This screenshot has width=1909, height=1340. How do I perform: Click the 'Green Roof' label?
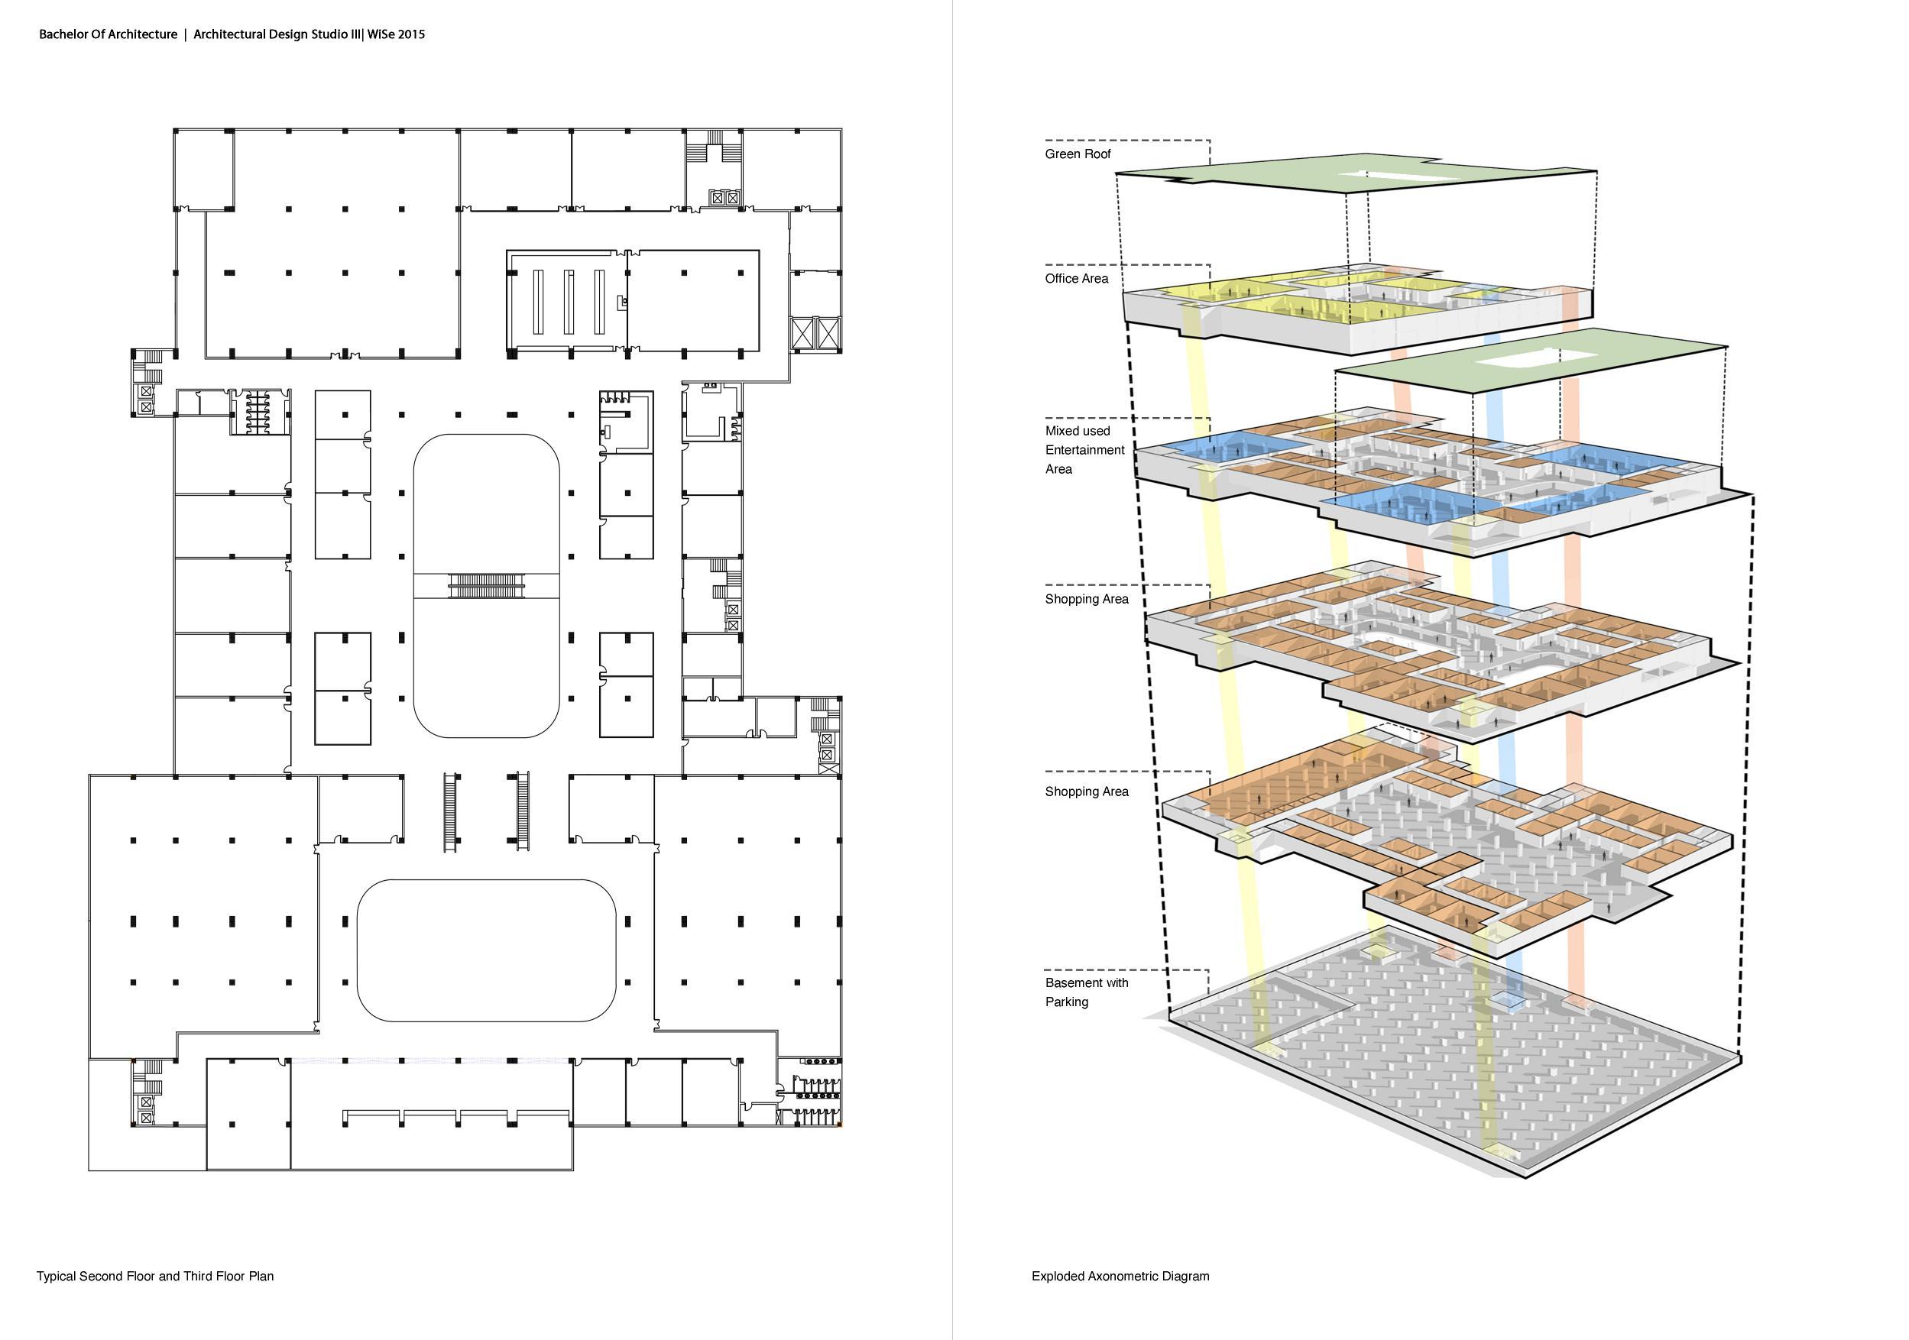1078,154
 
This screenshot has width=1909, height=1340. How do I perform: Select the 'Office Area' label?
1076,280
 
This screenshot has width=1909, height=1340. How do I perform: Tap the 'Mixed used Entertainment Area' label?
1084,451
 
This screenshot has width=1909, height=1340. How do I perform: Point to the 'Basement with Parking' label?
1086,992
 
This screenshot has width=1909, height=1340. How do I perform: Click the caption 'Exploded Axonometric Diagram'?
1120,1276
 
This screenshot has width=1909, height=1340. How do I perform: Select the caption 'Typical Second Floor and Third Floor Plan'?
154,1276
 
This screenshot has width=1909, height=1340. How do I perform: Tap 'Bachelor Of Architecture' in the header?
108,35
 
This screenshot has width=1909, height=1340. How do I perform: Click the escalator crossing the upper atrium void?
488,585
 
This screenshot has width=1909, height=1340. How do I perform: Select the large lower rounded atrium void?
486,950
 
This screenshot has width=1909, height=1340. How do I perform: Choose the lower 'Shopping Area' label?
1086,792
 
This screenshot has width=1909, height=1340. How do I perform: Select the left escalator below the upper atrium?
451,810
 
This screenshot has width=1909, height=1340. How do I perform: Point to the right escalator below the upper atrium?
523,810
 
